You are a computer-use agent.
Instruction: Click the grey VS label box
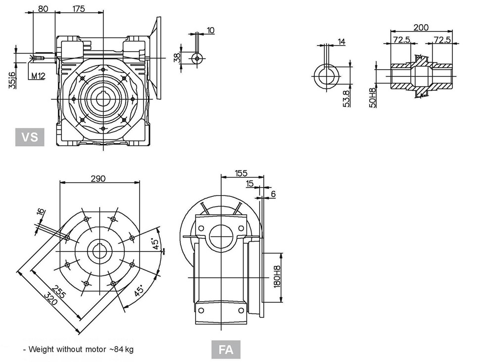coord(30,136)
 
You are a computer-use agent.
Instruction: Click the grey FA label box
coord(226,350)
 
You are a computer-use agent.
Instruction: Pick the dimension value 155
coord(241,173)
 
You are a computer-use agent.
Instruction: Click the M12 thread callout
coord(38,76)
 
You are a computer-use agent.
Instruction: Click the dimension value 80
coord(43,8)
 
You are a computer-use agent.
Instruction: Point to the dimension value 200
coord(421,28)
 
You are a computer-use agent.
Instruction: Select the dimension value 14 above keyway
coord(342,42)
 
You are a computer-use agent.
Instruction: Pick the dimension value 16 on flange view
coord(41,212)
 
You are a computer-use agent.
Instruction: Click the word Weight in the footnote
coord(41,349)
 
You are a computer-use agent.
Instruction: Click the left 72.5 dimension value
coord(401,39)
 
